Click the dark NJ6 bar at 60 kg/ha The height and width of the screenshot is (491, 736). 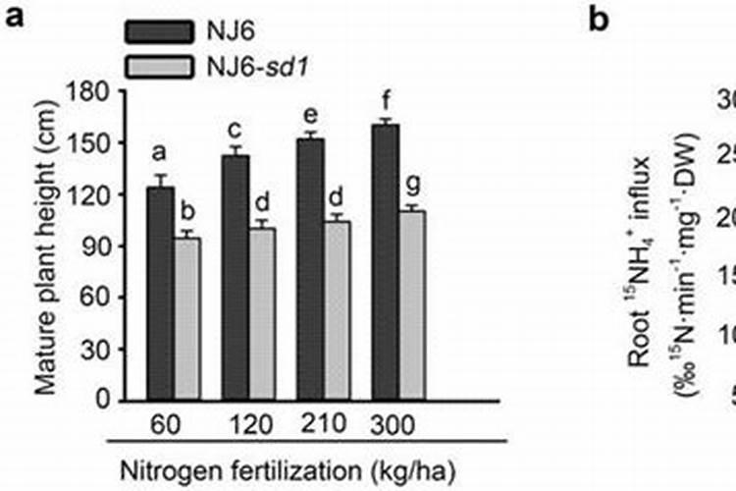160,294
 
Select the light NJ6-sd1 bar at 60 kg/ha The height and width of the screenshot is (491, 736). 186,319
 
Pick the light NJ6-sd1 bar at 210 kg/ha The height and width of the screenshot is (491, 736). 337,311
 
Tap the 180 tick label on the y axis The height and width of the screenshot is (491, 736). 98,91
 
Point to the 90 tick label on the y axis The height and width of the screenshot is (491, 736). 104,246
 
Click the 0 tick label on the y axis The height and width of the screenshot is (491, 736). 110,402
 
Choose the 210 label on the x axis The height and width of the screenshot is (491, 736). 323,425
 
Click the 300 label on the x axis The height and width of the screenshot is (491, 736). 393,425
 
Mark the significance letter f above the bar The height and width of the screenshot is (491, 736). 386,100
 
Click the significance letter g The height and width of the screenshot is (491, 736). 412,185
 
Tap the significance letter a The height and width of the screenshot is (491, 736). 160,152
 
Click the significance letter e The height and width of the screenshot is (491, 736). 311,116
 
